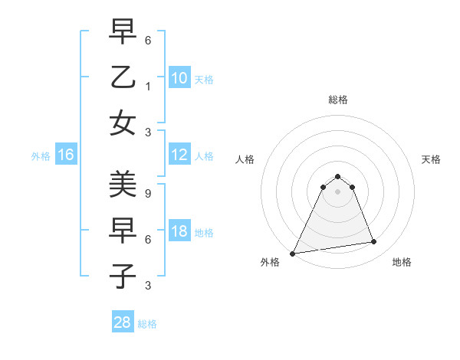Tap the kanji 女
point(123,123)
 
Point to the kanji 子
point(123,277)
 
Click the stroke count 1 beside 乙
point(148,86)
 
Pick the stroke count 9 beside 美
point(148,193)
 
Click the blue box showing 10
point(179,77)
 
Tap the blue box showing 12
point(179,155)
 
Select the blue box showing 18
point(179,232)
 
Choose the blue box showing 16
point(65,155)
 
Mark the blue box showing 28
point(122,322)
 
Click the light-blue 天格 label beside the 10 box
point(204,79)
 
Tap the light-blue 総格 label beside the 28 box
point(147,324)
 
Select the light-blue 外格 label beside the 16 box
point(41,156)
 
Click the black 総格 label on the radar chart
point(337,100)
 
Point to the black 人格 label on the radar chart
point(245,160)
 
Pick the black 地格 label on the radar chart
point(402,262)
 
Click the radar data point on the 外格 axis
point(292,254)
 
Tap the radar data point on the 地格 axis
point(374,242)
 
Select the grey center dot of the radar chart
point(337,191)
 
